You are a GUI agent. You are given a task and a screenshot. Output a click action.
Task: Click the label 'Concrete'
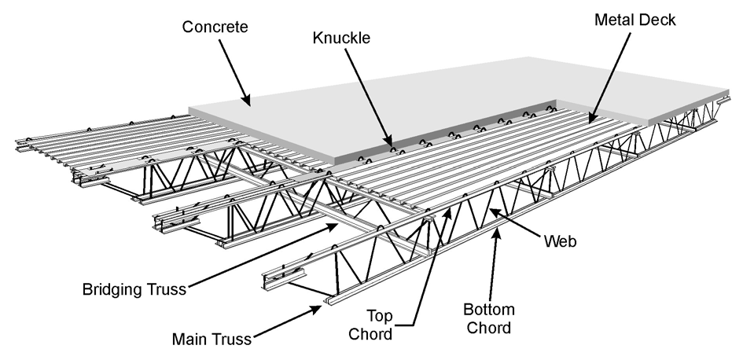[x=215, y=28]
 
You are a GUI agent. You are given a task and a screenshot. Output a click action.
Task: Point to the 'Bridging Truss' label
[x=134, y=289]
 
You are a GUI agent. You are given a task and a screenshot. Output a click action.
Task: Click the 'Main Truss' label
[x=211, y=340]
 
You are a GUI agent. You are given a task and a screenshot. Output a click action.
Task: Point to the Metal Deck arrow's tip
[x=591, y=120]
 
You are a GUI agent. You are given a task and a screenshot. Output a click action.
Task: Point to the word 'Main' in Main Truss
[x=190, y=340]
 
